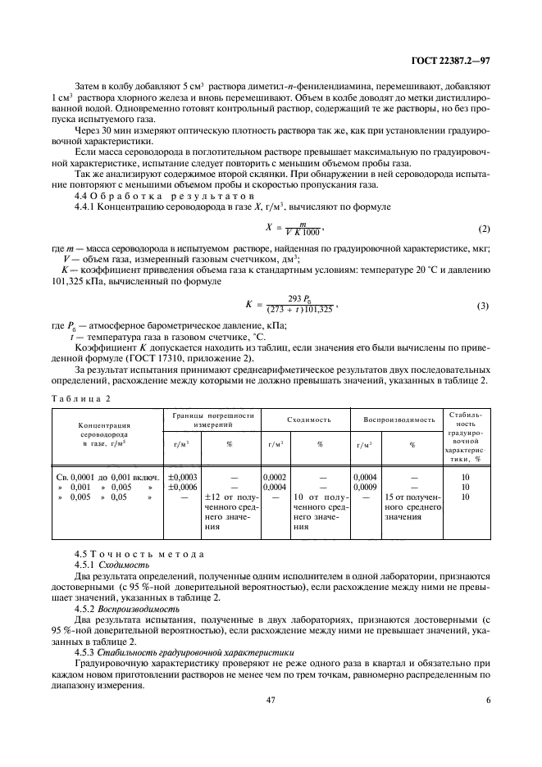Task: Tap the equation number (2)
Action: click(x=484, y=227)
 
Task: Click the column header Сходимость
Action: click(x=308, y=420)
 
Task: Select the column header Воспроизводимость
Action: click(x=399, y=420)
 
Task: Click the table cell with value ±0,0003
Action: click(x=181, y=475)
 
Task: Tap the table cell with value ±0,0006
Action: click(x=181, y=486)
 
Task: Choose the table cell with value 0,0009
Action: click(x=365, y=486)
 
